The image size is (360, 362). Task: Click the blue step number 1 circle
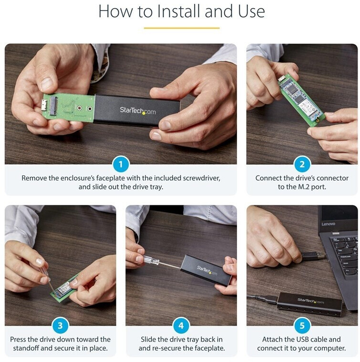point(121,164)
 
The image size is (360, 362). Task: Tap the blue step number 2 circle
point(302,164)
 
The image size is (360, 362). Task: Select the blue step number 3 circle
point(60,325)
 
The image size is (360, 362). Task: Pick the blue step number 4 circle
point(181,325)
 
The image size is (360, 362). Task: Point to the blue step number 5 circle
point(302,325)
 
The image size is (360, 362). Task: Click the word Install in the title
point(178,11)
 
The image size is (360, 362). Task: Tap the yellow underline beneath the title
point(182,28)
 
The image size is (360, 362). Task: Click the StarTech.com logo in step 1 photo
point(138,111)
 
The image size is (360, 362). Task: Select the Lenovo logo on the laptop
point(328,224)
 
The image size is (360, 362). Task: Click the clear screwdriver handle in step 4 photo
point(151,261)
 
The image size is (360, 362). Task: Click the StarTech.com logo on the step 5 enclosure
point(310,301)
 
